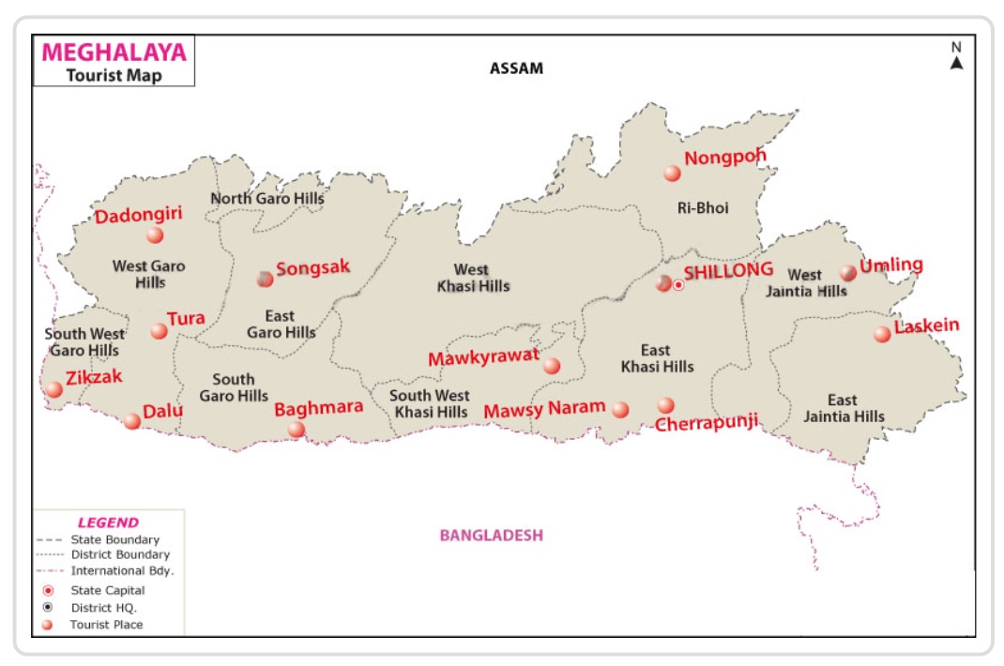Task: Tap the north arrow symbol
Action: [956, 62]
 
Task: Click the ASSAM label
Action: [516, 68]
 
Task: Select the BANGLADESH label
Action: [492, 536]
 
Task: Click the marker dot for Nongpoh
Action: [672, 174]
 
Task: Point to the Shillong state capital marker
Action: [678, 285]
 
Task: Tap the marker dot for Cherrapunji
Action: [665, 405]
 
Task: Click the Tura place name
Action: [186, 319]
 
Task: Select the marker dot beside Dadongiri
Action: [155, 235]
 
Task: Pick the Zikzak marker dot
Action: [54, 389]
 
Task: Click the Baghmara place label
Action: [318, 409]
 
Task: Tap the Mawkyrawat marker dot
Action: [552, 366]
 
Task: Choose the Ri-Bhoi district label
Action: [703, 208]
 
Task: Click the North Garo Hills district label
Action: [267, 198]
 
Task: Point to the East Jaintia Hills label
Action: [843, 408]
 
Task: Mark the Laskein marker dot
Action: [882, 334]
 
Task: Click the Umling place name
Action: [891, 265]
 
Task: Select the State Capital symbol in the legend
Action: [48, 591]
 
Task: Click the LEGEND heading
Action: [108, 522]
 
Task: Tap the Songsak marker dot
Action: [266, 279]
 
